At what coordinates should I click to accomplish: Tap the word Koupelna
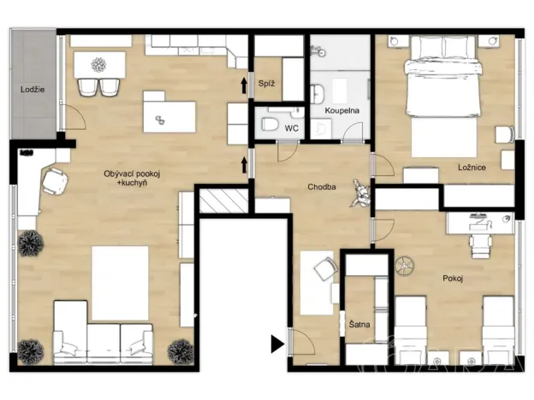[340, 111]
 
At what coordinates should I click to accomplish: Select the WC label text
[291, 128]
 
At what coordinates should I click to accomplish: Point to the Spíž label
[265, 83]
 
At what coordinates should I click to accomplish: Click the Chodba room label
[322, 186]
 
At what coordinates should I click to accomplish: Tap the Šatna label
[359, 326]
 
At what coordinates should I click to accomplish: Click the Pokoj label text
[454, 279]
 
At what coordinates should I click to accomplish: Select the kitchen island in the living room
[168, 115]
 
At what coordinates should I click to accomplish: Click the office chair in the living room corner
[54, 180]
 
